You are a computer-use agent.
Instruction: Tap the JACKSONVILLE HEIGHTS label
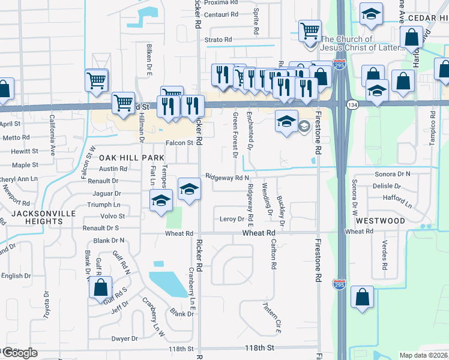[37, 217]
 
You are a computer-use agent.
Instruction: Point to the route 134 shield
[351, 104]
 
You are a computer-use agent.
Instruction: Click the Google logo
[19, 353]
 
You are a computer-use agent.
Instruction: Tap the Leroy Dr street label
[232, 219]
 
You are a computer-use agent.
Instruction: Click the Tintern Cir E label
[271, 316]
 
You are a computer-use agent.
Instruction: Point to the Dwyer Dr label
[125, 338]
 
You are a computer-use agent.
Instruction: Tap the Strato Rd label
[218, 40]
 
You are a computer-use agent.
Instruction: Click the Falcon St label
[179, 143]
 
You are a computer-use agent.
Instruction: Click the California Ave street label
[53, 127]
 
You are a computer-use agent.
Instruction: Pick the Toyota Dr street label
[46, 305]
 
